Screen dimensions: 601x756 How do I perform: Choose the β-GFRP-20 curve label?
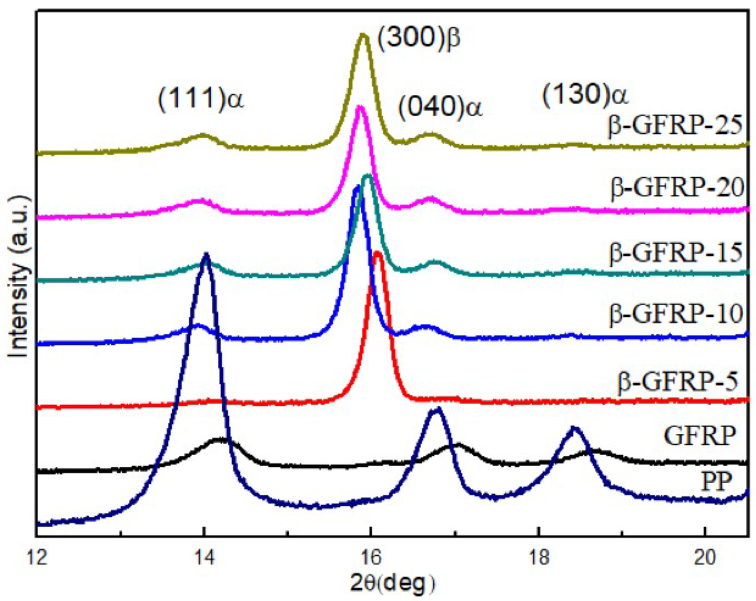tap(677, 188)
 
